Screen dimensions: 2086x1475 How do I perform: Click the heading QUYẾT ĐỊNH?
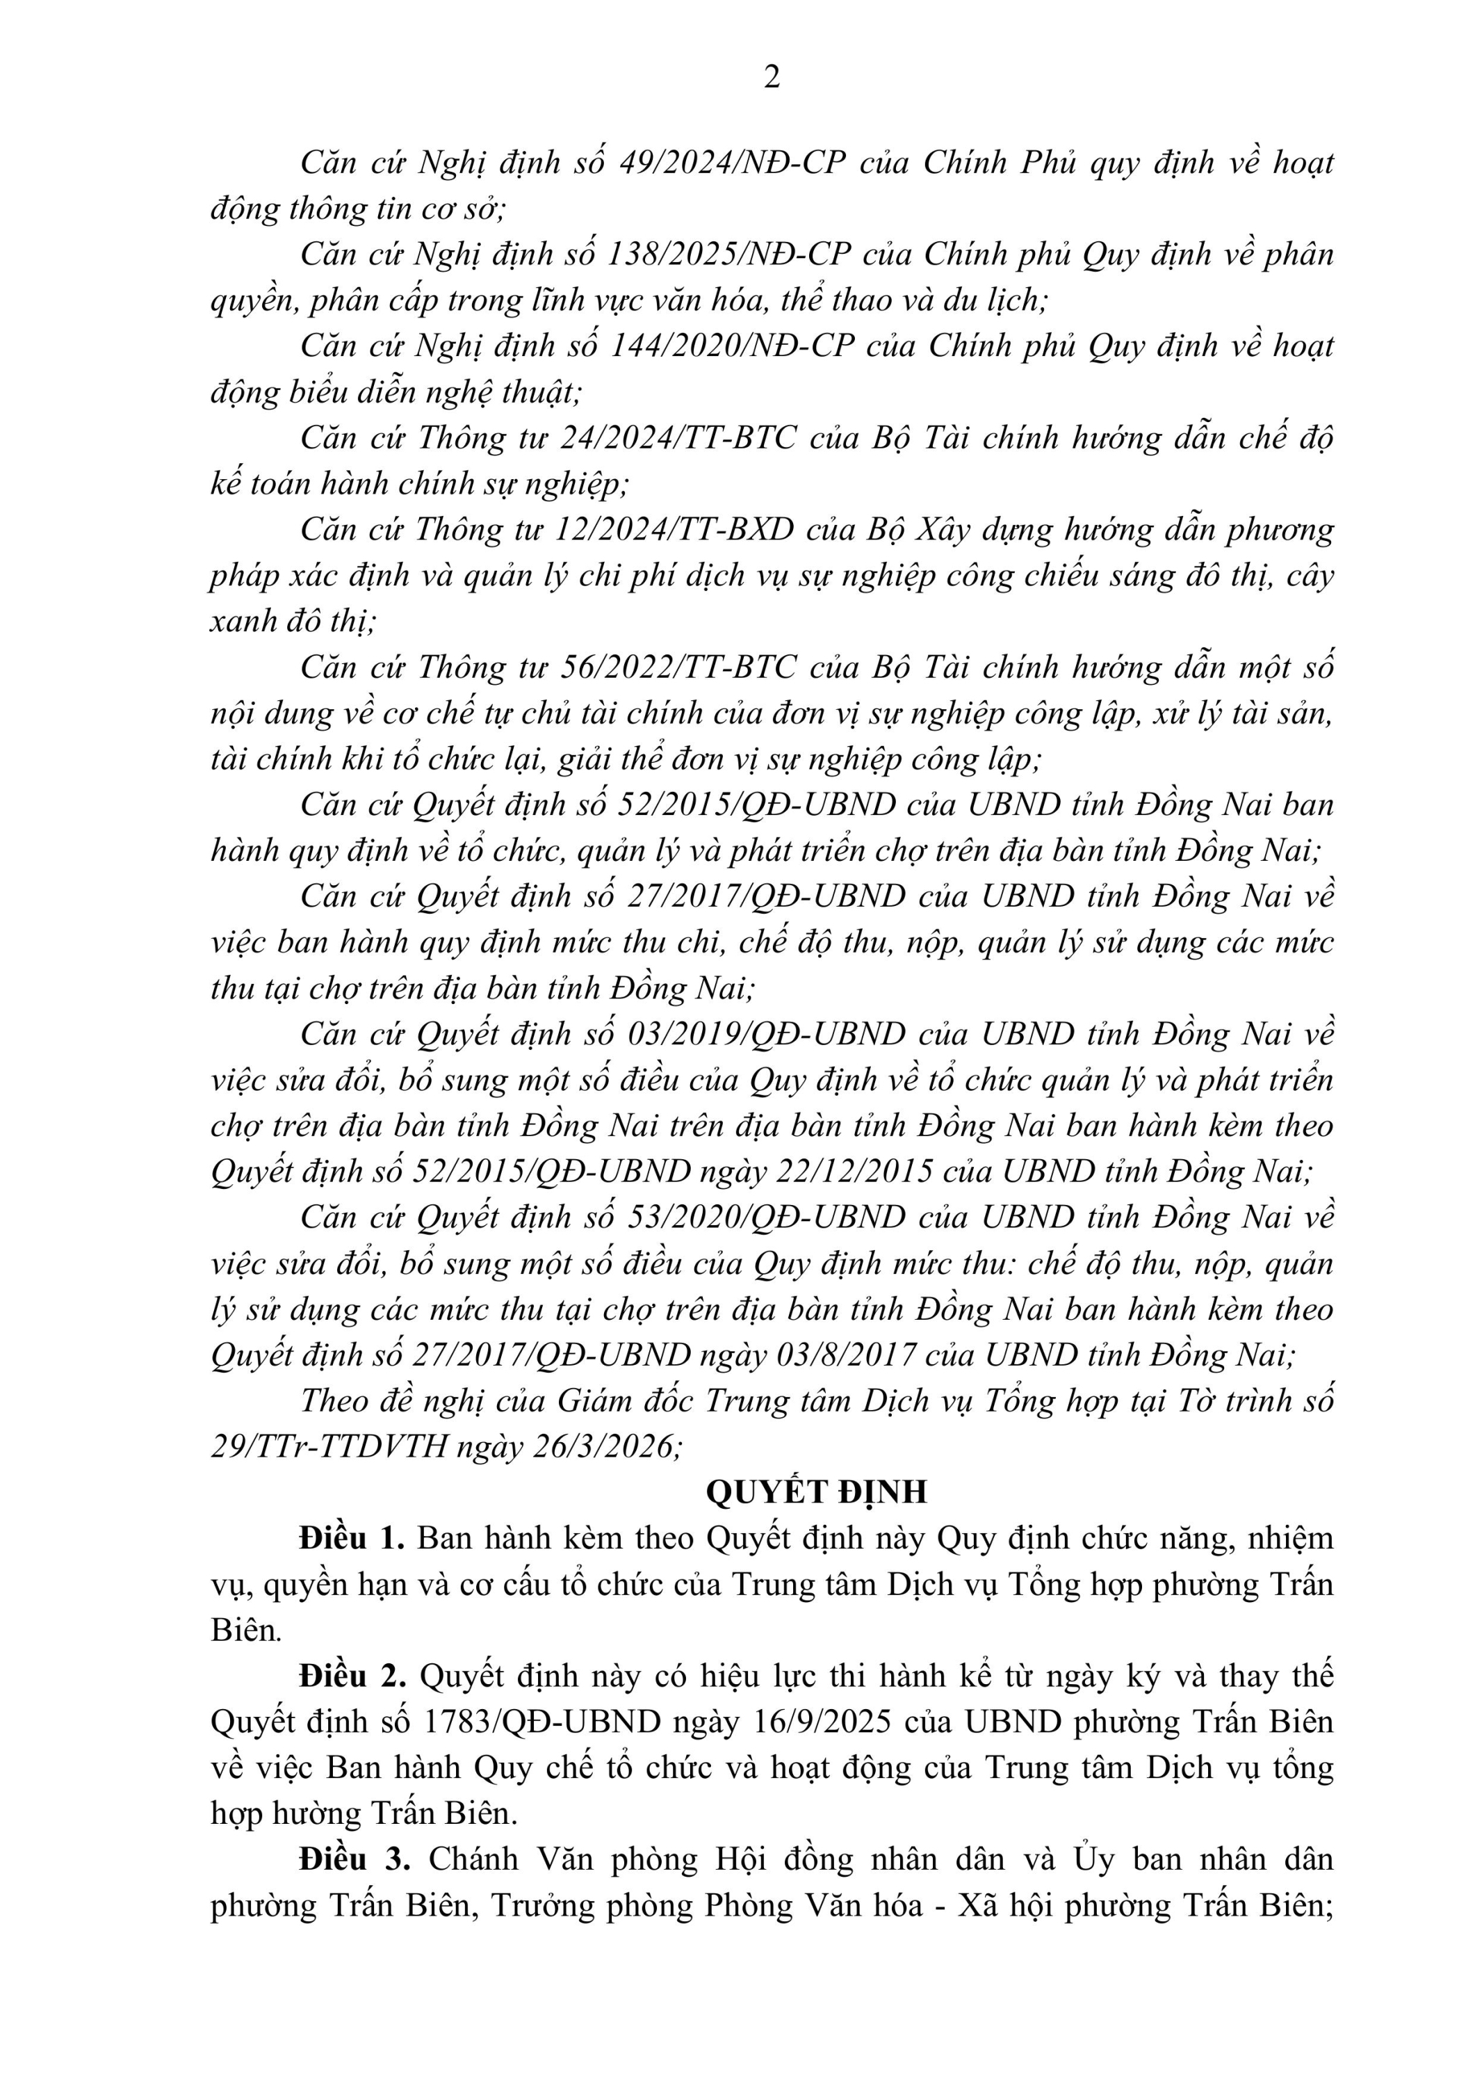(x=817, y=1493)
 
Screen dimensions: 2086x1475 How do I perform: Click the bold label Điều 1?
(x=352, y=1539)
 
